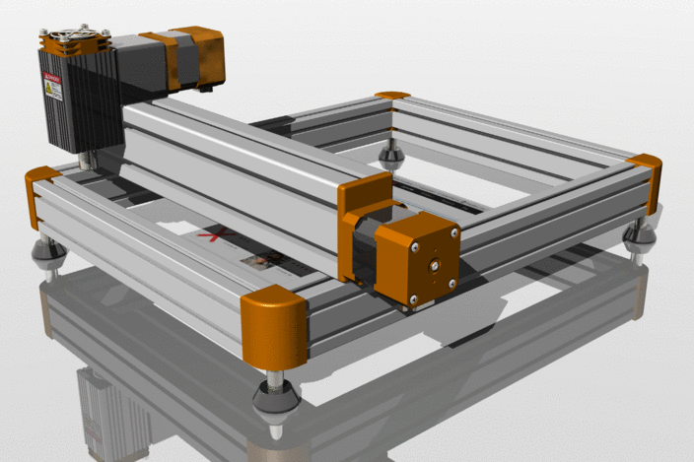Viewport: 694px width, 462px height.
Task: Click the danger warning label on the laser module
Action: (51, 89)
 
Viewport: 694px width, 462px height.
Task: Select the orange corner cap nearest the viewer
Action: (274, 324)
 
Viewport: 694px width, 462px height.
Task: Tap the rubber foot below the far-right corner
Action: (641, 237)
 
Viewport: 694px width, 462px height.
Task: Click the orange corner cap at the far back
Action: (392, 95)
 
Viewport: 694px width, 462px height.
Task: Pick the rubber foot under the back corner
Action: (392, 154)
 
